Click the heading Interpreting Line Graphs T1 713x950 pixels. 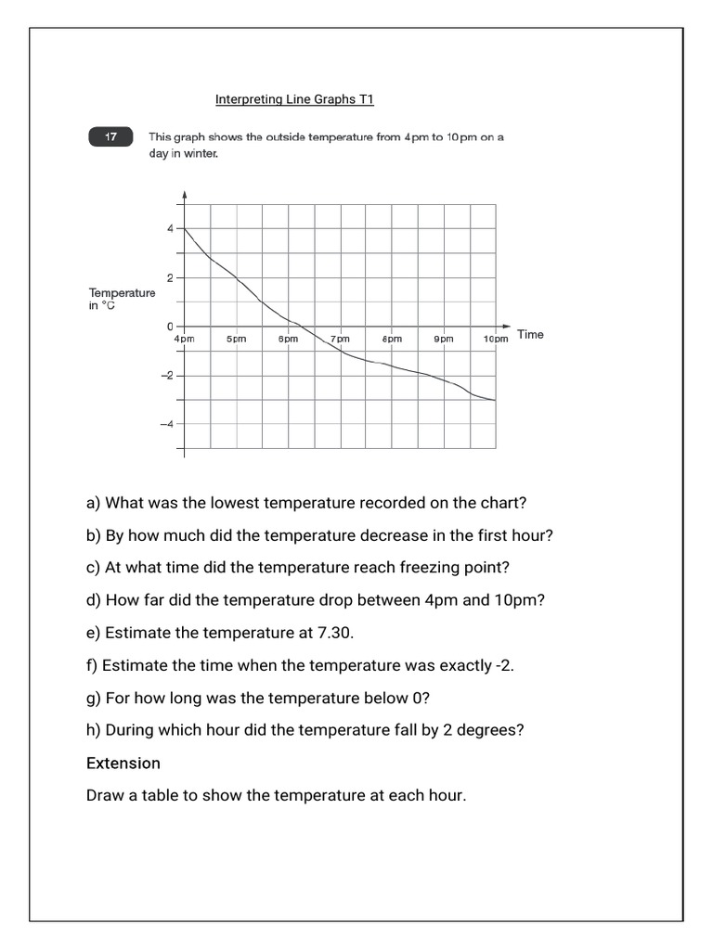294,99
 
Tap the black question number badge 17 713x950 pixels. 111,137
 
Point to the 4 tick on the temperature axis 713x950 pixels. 169,228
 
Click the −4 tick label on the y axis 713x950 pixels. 166,424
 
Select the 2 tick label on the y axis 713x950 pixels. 169,277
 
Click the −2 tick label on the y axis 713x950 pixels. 166,376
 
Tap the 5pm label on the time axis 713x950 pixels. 236,340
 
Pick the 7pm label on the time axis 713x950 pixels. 340,340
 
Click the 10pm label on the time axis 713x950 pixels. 496,340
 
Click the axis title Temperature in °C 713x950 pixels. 122,299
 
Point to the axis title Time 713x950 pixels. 530,334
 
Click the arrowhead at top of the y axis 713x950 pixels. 185,196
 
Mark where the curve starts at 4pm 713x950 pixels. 185,228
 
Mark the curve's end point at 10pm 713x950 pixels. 496,401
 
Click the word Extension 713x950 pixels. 123,763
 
